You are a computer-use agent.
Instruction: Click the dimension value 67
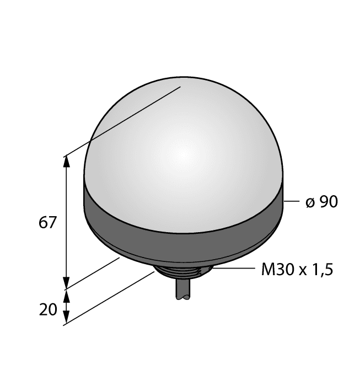(47, 223)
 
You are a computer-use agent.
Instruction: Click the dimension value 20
(48, 310)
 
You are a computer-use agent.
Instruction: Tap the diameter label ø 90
(321, 202)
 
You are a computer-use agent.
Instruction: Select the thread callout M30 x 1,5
(297, 270)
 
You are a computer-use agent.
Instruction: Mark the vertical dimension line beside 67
(67, 221)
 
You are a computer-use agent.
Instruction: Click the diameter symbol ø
(310, 203)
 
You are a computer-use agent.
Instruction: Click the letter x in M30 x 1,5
(303, 271)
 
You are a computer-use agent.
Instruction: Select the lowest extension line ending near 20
(110, 298)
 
